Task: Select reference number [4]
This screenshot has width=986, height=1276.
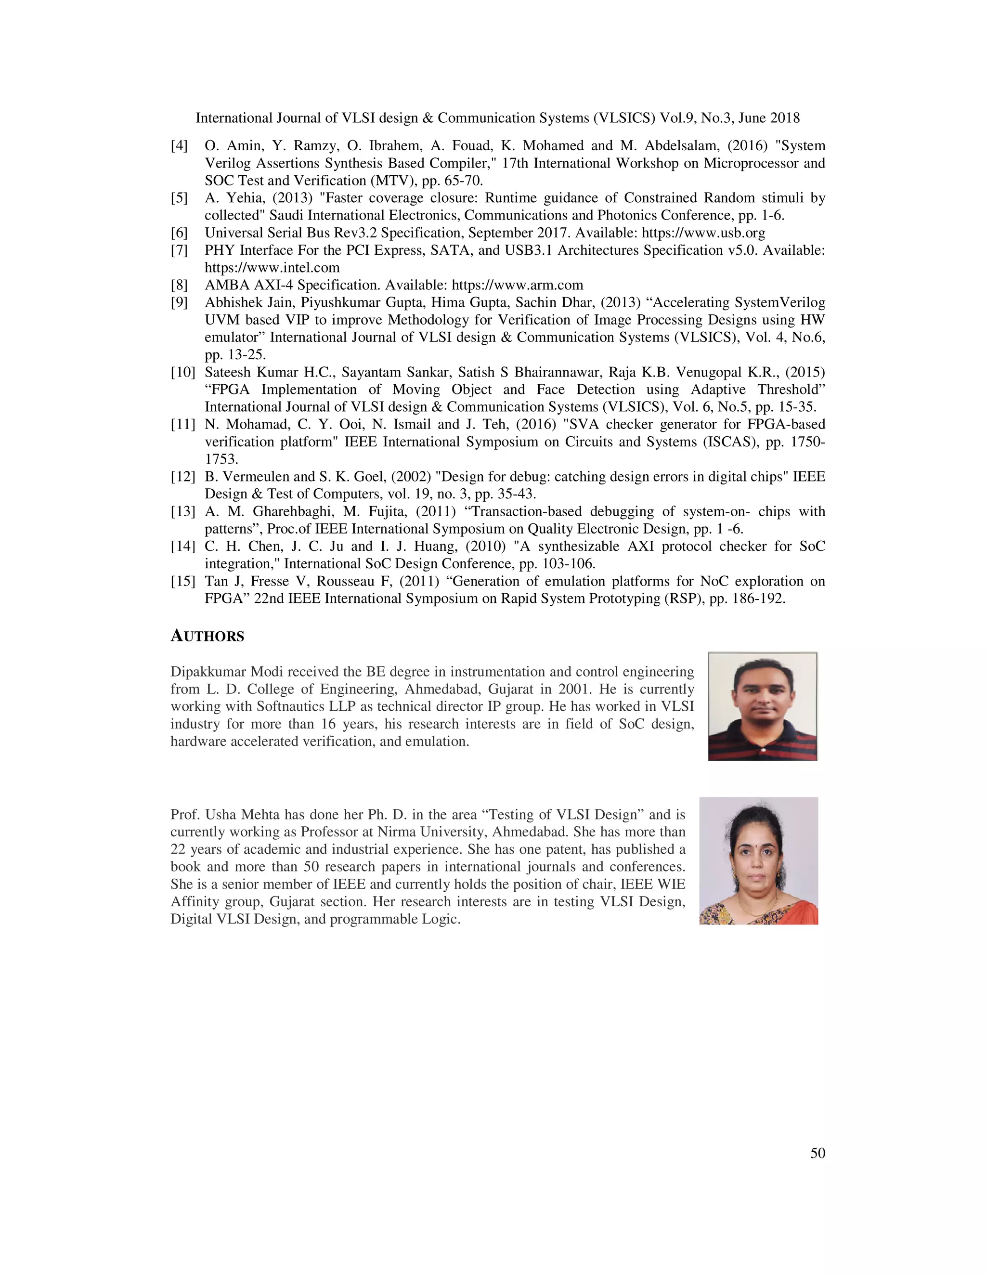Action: click(x=179, y=145)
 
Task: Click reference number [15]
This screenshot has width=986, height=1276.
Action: click(x=182, y=581)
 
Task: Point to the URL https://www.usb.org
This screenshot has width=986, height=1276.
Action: click(x=703, y=233)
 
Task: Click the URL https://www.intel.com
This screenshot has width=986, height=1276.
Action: click(x=272, y=268)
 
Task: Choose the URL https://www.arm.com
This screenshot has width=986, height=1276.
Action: click(x=517, y=285)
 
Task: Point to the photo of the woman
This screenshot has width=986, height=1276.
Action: click(x=758, y=860)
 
